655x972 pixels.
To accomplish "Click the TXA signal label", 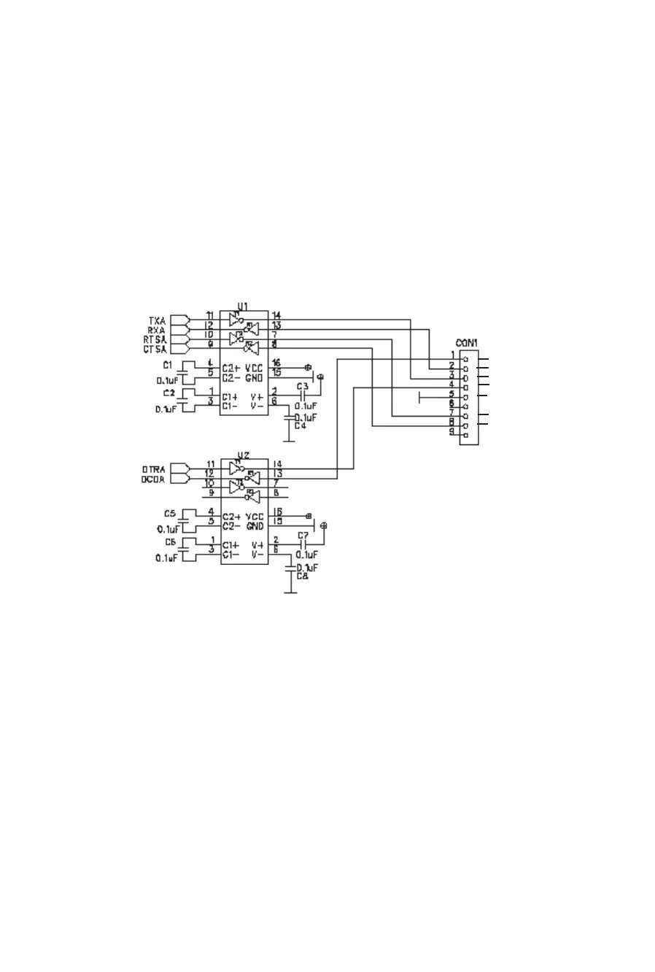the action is [157, 320].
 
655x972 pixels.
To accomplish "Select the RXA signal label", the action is [157, 330].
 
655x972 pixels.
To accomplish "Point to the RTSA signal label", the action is [156, 339].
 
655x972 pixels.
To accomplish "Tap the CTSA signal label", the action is [156, 349].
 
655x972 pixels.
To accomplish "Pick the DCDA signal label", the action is [154, 479].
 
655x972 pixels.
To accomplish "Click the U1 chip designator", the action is [243, 306].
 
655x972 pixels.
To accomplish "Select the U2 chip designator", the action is [243, 455].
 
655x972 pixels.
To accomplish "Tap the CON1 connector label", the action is [467, 342].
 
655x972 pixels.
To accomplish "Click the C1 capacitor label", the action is [168, 364].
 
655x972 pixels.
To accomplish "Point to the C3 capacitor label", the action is [302, 386].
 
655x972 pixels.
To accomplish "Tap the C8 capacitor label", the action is [302, 576].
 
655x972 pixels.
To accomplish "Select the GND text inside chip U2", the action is [254, 525].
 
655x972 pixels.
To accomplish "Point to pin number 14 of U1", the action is [276, 315].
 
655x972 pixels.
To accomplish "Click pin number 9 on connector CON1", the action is [452, 432].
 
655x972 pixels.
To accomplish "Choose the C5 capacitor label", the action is [169, 513].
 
